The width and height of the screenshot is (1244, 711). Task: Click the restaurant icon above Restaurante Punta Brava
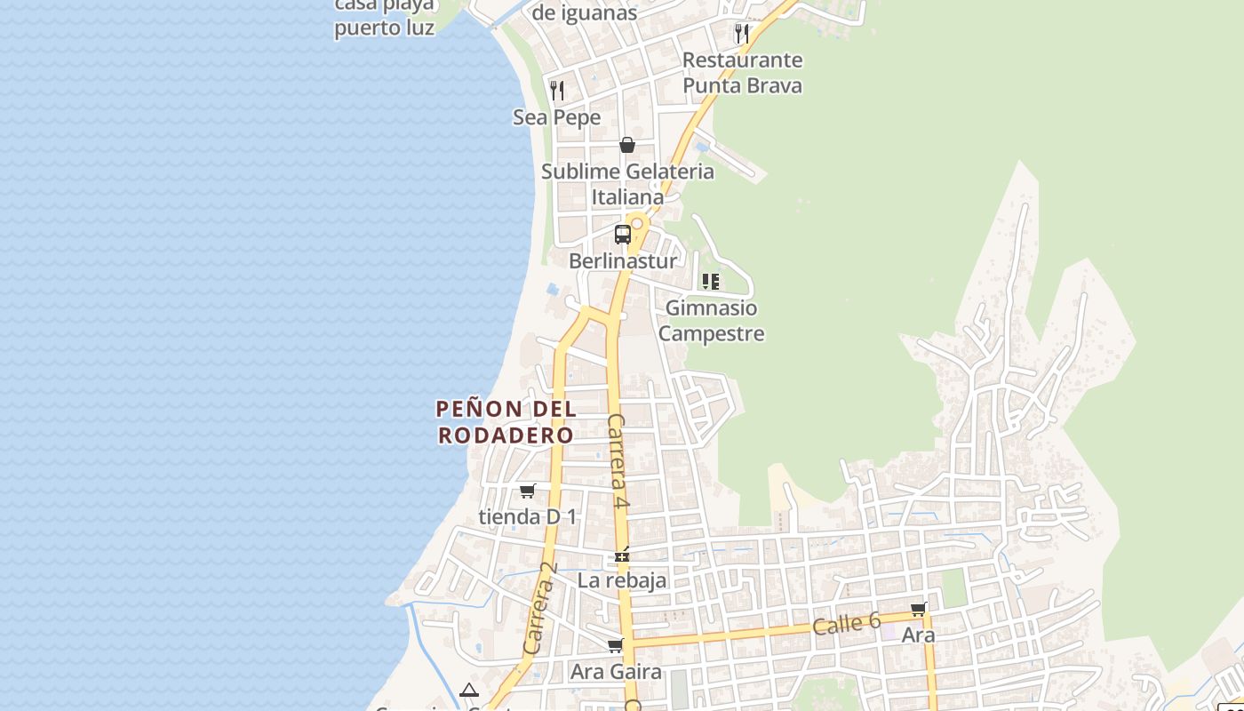tap(741, 34)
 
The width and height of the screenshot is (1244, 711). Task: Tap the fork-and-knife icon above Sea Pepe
tap(557, 90)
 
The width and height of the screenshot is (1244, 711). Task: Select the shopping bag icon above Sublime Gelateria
tap(627, 144)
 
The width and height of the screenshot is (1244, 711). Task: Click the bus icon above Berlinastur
tap(623, 235)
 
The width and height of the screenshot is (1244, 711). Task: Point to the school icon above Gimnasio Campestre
tap(711, 282)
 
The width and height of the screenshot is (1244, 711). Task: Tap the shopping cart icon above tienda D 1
tap(528, 491)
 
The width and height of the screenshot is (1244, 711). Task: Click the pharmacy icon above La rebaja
tap(622, 555)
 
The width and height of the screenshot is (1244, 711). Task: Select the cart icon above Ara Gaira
tap(616, 645)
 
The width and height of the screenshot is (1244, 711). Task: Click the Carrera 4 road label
tap(618, 461)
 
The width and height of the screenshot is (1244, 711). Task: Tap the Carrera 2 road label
tap(540, 609)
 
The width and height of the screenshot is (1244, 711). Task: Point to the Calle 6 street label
tap(846, 623)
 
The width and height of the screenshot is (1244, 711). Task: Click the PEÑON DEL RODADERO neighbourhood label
tap(506, 422)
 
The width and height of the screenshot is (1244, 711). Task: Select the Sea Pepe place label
tap(557, 117)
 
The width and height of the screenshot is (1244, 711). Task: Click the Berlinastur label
tap(623, 260)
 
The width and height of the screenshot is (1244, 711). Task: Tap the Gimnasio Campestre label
tap(711, 321)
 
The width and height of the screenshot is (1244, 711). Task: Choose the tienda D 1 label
tap(528, 516)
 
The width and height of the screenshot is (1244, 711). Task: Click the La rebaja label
tap(622, 581)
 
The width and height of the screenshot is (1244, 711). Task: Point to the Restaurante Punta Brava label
tap(742, 73)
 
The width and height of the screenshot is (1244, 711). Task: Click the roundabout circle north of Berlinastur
tap(636, 224)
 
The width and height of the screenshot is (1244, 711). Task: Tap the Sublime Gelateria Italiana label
tap(627, 184)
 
